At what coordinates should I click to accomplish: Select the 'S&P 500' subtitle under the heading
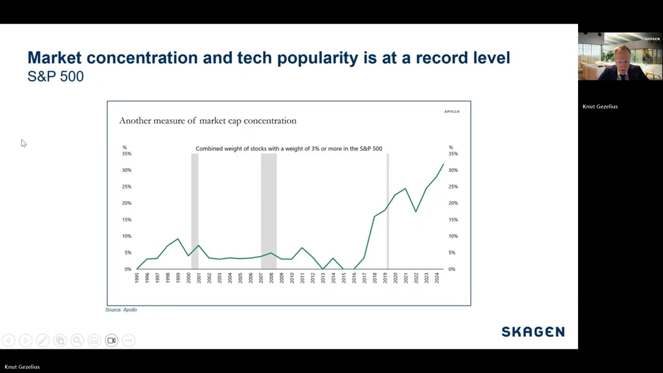(x=55, y=76)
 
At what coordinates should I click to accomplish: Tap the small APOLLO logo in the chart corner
(x=452, y=111)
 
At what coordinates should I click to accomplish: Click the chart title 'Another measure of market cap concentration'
(x=208, y=121)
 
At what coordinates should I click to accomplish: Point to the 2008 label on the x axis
(x=271, y=278)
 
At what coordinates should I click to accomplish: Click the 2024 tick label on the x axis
(x=437, y=278)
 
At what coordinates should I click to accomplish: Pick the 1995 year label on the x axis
(x=137, y=278)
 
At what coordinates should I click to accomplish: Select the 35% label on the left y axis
(x=127, y=154)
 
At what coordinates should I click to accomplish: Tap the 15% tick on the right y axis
(x=453, y=220)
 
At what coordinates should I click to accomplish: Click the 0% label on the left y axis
(x=128, y=269)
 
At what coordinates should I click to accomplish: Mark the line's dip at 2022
(x=416, y=211)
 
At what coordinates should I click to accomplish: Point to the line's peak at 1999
(x=178, y=239)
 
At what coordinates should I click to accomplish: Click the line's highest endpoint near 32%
(x=443, y=164)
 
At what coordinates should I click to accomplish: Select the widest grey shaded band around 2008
(x=269, y=211)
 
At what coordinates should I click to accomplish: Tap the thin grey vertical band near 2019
(x=388, y=211)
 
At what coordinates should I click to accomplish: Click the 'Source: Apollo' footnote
(x=121, y=310)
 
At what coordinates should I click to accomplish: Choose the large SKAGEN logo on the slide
(x=533, y=332)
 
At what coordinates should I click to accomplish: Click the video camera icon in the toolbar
(x=111, y=340)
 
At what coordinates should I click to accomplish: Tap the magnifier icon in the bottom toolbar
(x=77, y=340)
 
